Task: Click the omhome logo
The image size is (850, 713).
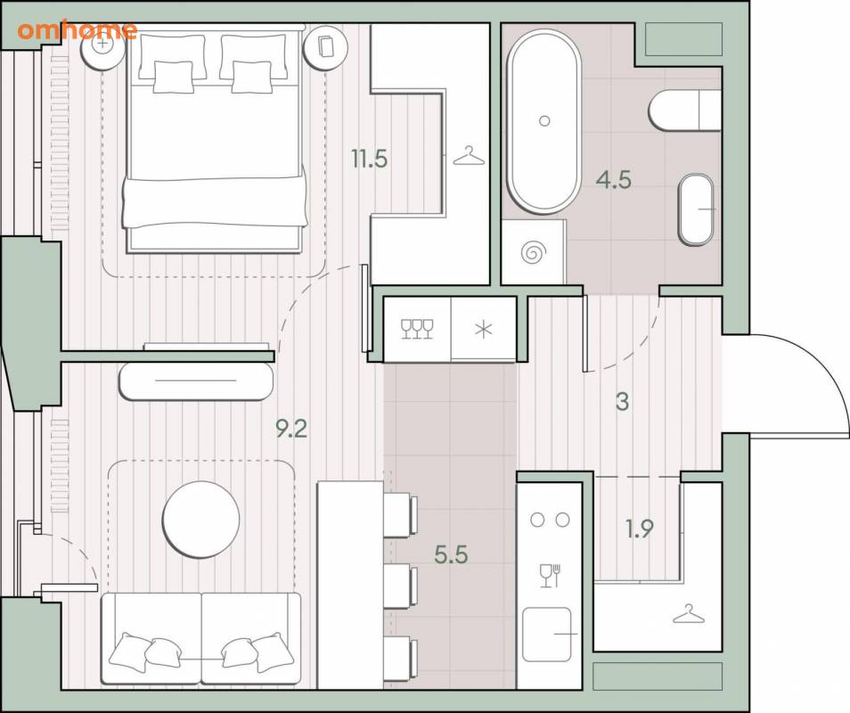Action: coord(77,30)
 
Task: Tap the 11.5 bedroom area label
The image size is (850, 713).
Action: coord(369,159)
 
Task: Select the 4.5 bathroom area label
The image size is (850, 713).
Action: coord(614,180)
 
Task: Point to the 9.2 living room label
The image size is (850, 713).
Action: coord(291,430)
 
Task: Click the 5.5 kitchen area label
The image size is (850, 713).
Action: coord(451,554)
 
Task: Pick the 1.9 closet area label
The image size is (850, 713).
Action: coord(640,529)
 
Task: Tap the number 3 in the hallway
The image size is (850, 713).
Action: coord(622,402)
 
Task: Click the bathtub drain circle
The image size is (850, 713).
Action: coord(544,120)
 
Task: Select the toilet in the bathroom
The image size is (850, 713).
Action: coord(684,110)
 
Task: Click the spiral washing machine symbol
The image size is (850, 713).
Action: coord(534,252)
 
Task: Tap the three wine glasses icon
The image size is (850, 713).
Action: coord(417,329)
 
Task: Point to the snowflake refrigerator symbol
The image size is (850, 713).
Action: coord(483,329)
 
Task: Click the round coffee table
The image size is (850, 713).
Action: coord(200,520)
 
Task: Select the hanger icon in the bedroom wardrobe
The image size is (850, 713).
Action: coord(469,156)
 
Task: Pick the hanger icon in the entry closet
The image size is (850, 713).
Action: coord(689,613)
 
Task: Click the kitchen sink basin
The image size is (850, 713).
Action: coord(547,635)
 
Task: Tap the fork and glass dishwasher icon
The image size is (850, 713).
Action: coord(550,576)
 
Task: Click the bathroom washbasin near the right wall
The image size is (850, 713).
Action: coord(696,209)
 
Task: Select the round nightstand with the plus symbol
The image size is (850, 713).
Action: coord(102,45)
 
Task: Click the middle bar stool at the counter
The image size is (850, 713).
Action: coord(401,586)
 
